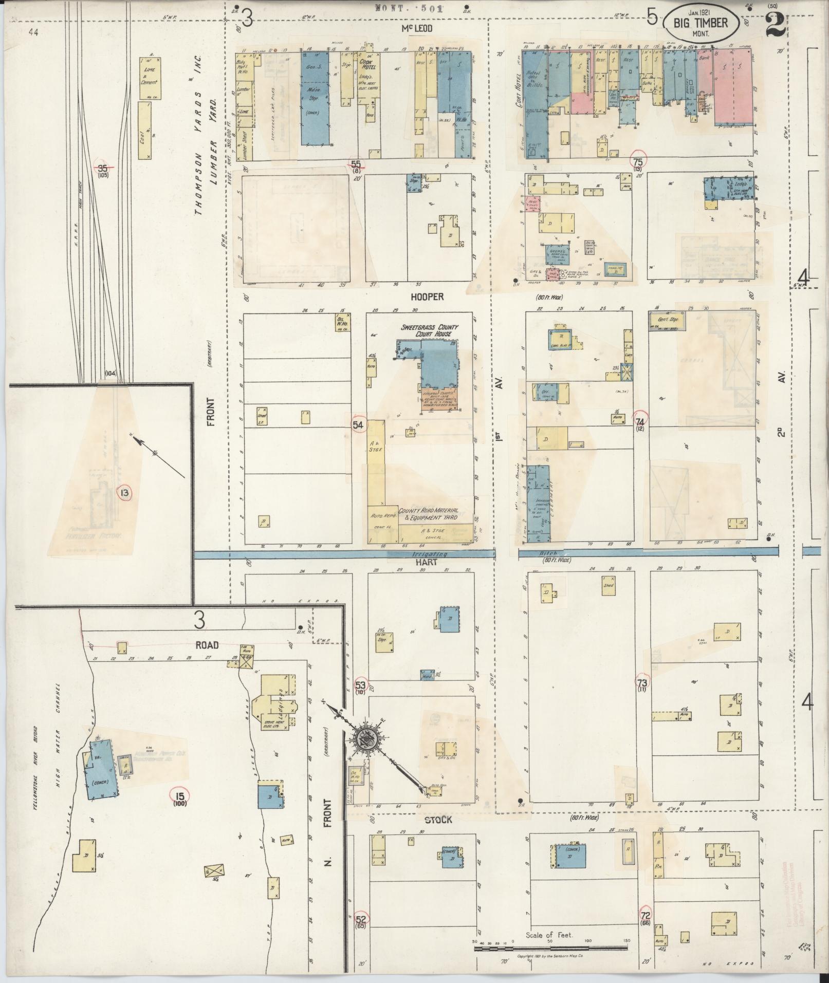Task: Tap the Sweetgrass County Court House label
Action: click(429, 330)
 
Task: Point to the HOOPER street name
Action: click(427, 297)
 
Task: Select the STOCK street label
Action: click(438, 820)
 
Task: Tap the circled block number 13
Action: click(124, 493)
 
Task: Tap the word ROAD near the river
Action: click(207, 645)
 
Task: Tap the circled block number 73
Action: click(642, 683)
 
